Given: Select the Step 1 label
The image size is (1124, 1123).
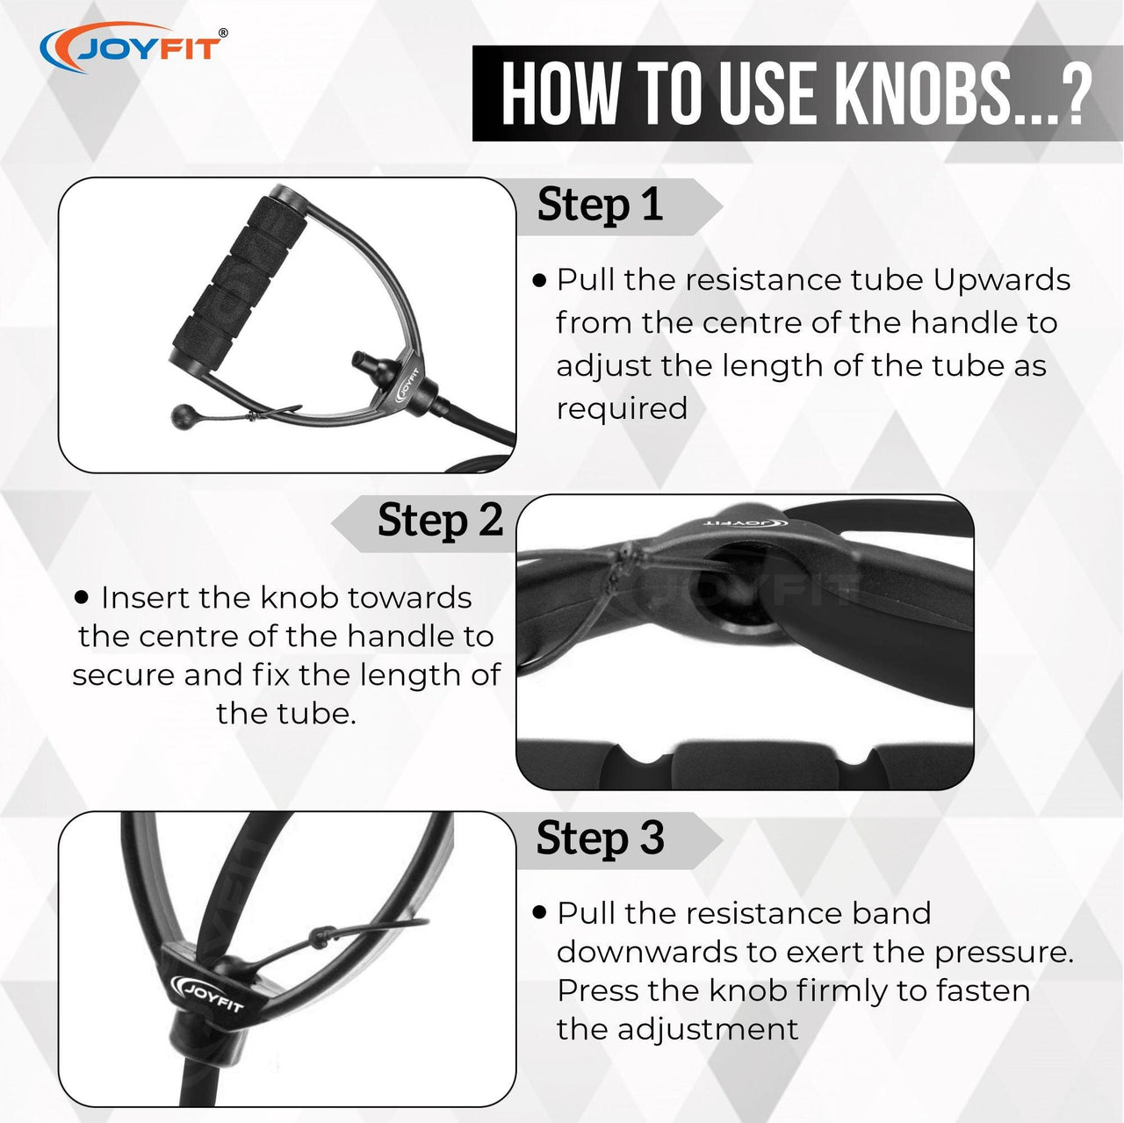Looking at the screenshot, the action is [x=601, y=205].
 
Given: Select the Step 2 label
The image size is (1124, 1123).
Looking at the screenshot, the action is [x=441, y=521].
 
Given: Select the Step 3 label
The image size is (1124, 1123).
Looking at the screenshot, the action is [x=601, y=839].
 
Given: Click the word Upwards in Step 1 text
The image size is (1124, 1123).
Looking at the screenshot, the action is [x=1002, y=282].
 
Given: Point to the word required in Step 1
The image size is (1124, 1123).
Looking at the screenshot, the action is [x=623, y=409].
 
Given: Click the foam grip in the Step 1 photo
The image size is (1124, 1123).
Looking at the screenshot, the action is [x=240, y=274].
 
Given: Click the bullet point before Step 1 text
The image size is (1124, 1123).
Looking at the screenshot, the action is [x=540, y=282].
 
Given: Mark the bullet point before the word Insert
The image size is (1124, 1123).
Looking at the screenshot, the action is [x=83, y=599].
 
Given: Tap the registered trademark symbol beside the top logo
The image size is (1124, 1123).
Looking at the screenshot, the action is [x=223, y=32].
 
